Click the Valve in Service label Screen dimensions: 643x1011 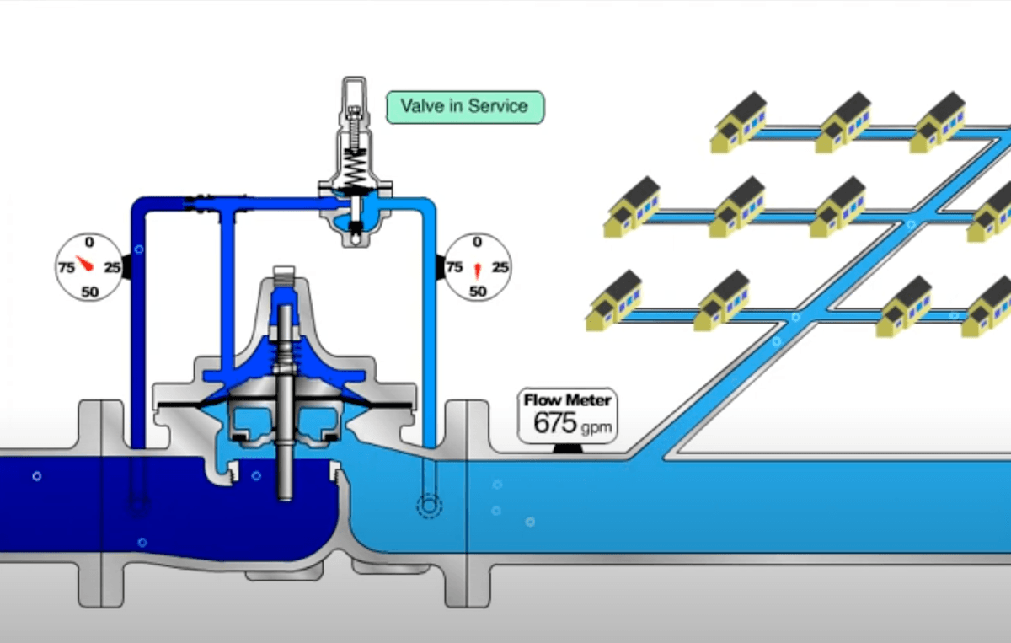click(x=464, y=107)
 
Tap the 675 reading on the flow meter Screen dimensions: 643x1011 click(x=555, y=422)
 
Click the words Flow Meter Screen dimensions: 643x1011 click(x=567, y=399)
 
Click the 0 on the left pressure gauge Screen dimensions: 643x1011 click(x=88, y=243)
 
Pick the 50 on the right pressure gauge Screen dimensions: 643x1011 click(x=478, y=292)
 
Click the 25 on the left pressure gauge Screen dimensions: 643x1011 click(x=112, y=268)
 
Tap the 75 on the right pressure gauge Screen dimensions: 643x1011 click(x=454, y=268)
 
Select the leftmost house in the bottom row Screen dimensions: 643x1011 click(x=614, y=300)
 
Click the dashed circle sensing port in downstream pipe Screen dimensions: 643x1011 click(x=429, y=506)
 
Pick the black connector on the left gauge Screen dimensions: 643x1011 click(x=126, y=267)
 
